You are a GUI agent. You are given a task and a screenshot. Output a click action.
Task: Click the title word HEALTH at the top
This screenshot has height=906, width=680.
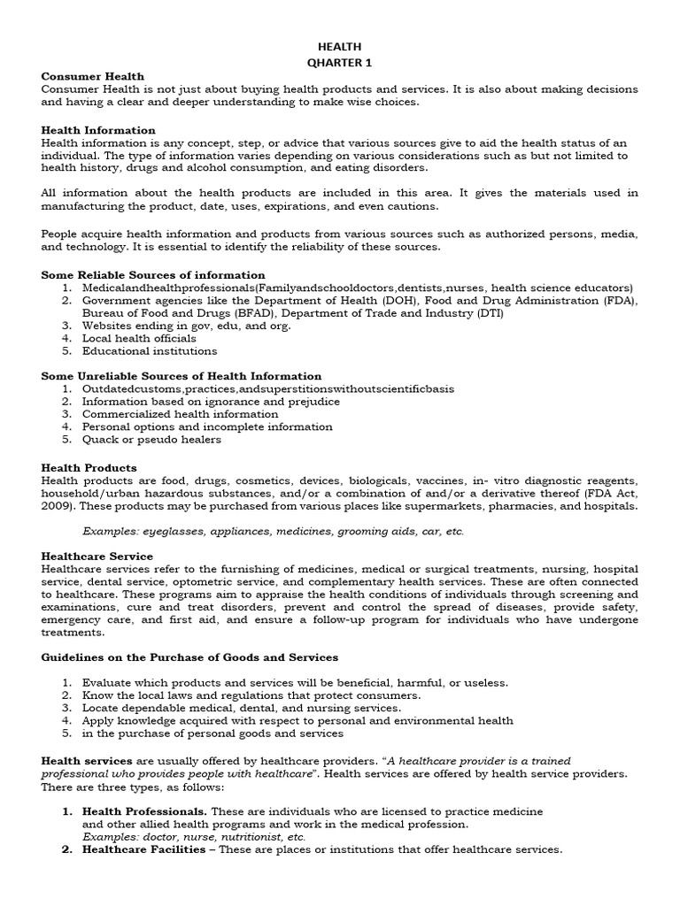pos(340,47)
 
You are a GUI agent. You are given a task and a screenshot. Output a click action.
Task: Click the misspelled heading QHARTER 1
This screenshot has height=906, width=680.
pos(340,62)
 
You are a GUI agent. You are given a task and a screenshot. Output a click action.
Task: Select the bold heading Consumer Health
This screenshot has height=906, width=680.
pos(92,77)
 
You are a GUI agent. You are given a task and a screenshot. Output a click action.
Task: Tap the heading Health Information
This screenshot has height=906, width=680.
pos(98,130)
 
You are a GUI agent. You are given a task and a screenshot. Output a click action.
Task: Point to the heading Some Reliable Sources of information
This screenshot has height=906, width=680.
pos(153,275)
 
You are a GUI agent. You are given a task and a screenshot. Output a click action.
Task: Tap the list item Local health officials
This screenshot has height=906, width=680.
pos(139,338)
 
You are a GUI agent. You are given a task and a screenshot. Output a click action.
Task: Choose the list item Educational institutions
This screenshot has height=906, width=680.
pos(149,351)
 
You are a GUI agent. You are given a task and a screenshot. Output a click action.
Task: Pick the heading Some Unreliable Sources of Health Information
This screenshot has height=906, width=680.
pos(182,376)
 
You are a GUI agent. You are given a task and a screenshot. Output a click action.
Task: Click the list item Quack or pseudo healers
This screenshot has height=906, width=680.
pos(151,440)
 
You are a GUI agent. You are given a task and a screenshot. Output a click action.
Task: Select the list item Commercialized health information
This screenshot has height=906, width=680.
pos(180,414)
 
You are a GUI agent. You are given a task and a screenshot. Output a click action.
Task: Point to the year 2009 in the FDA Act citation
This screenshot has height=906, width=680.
pos(56,506)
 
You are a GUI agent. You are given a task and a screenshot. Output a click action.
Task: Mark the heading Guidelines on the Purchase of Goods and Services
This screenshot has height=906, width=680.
pos(189,658)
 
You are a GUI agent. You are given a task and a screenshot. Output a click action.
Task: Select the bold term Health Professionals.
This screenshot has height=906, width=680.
pos(145,811)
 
